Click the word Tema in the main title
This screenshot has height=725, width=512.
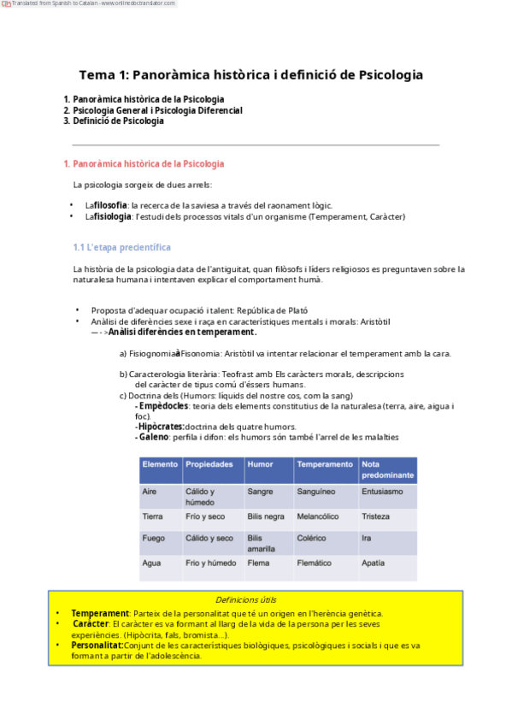tap(96, 75)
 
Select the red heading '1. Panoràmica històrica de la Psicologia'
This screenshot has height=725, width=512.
tap(144, 164)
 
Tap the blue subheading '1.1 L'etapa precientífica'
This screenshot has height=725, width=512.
tap(122, 247)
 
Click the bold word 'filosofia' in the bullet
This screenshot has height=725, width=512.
tap(111, 205)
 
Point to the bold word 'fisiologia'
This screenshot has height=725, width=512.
tap(113, 217)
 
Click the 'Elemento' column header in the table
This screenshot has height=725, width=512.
tap(160, 464)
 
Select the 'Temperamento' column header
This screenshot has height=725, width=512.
tap(325, 464)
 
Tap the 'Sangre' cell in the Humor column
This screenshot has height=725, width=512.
tap(260, 492)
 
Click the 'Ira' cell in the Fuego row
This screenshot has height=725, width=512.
tap(367, 539)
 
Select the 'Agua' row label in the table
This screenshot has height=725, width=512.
tap(151, 563)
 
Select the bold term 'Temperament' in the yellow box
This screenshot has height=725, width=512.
tap(100, 614)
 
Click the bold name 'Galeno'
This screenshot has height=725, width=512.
tap(153, 437)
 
